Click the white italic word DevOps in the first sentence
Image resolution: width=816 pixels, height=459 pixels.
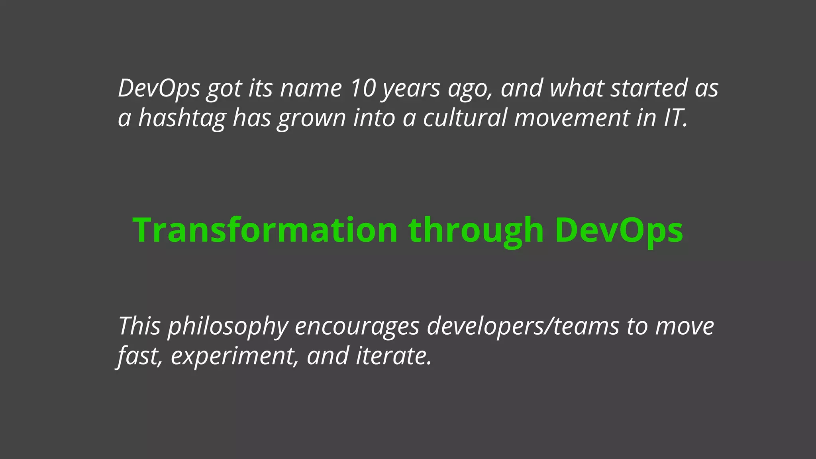pos(159,88)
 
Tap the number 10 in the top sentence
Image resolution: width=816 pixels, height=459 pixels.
pos(363,88)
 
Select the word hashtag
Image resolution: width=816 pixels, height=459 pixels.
pos(182,118)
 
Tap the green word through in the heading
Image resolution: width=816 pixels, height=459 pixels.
pos(476,231)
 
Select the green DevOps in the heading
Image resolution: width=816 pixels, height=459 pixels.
pos(619,231)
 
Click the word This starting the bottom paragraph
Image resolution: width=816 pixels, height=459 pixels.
pos(139,326)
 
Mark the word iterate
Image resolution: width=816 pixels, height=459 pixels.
pos(393,356)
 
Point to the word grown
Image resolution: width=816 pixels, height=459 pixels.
pos(312,119)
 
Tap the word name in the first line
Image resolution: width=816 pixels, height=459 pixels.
pos(311,88)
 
